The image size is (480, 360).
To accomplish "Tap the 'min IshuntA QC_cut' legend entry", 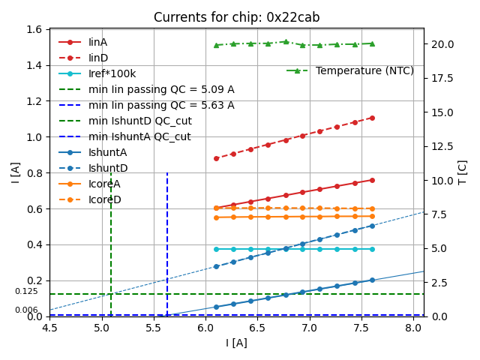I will click(139, 136).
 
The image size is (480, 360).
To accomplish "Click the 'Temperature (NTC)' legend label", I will click(364, 70).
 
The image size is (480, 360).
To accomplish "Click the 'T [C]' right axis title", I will click(462, 172).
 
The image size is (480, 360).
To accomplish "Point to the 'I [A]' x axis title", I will click(236, 343).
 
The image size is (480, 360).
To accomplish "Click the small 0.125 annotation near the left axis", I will click(26, 291).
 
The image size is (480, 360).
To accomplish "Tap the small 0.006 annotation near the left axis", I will click(26, 310).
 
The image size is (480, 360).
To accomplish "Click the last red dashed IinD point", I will click(372, 118).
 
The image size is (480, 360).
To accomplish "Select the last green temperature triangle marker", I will click(372, 43).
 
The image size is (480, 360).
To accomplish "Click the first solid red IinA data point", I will click(216, 208).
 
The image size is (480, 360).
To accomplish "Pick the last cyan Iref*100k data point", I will click(372, 249).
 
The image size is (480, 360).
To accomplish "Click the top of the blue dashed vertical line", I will click(167, 173).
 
